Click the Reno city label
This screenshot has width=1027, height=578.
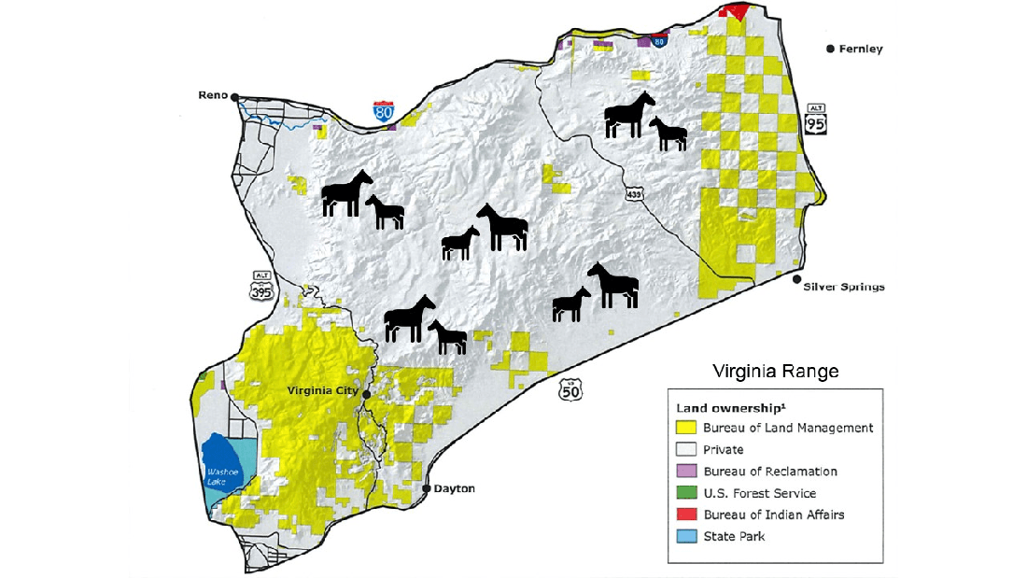213,95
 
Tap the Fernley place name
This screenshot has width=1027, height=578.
860,49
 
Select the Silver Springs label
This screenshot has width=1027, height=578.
843,287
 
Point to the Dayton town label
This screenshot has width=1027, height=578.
455,489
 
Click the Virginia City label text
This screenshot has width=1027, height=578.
323,391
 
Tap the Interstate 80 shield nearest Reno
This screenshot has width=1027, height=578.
384,113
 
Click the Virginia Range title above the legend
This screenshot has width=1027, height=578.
775,372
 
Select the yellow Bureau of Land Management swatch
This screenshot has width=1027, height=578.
685,428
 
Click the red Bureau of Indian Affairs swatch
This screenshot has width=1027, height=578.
685,515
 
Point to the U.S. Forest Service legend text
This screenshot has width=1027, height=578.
759,493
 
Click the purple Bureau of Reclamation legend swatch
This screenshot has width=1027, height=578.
685,472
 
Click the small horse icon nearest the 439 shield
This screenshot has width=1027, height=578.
669,134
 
